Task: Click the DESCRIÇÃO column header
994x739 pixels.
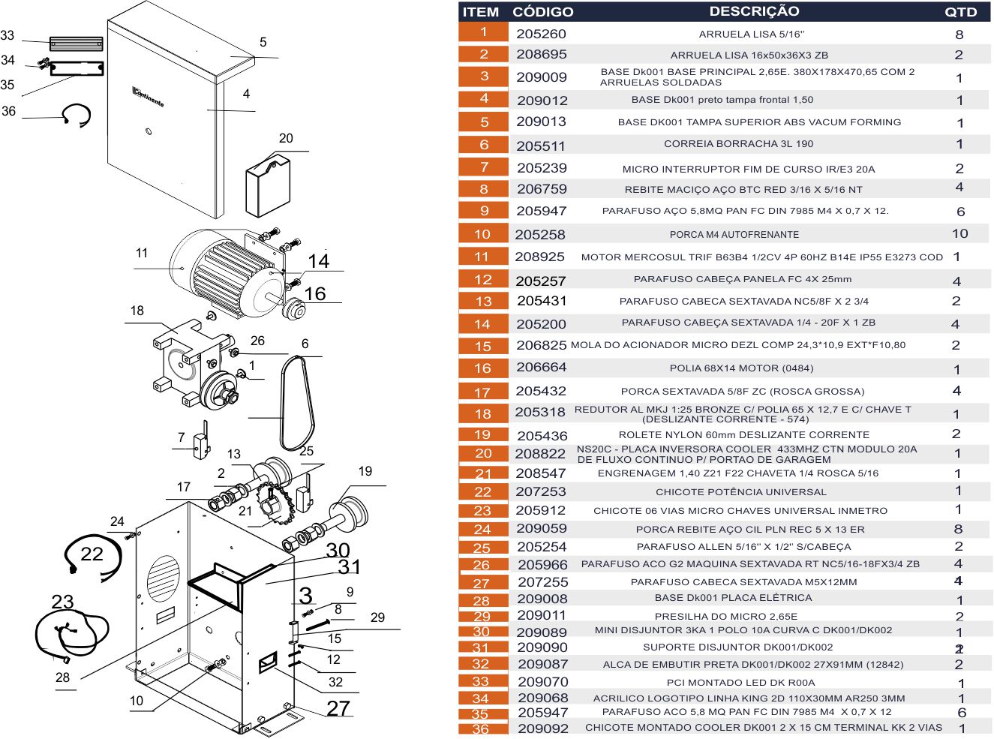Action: (754, 11)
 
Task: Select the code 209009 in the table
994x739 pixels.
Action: (541, 77)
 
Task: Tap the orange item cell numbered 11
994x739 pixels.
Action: (482, 257)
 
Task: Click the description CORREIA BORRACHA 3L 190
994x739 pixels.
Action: (738, 144)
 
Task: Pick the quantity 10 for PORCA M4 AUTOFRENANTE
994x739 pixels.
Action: (959, 233)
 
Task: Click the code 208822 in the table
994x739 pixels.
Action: (540, 454)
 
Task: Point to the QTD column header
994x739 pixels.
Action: (960, 12)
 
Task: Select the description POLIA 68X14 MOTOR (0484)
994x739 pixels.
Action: (741, 368)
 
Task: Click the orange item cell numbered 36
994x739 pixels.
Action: (481, 728)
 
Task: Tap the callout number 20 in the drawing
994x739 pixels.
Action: (286, 138)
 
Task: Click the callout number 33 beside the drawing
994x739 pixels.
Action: (8, 35)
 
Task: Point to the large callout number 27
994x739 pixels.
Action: (338, 708)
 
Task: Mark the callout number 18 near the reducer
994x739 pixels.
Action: (137, 311)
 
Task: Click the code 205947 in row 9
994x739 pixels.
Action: (541, 212)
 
